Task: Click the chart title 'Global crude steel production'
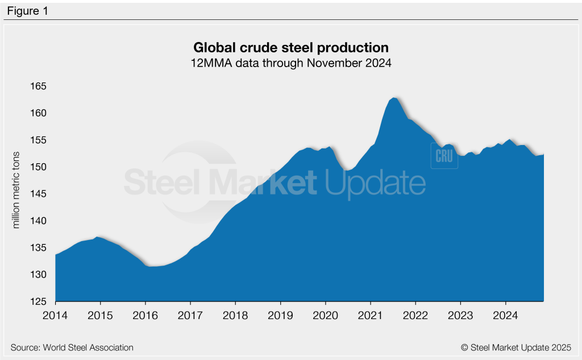[291, 47]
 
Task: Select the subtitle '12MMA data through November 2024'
[291, 63]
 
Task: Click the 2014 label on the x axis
[56, 316]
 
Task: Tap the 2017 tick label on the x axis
[190, 316]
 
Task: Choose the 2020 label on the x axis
[326, 316]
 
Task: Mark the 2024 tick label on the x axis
[505, 316]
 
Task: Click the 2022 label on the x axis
[415, 316]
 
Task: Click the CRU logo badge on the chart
[443, 156]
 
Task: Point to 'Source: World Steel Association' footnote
[72, 347]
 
